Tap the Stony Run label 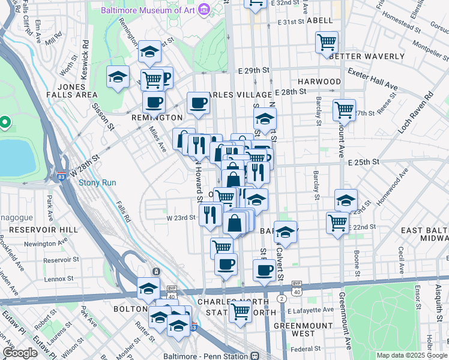tap(97, 182)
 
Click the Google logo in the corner tap(20, 353)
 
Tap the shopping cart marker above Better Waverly tap(327, 43)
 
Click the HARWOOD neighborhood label tap(319, 82)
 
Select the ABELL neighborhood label tap(319, 20)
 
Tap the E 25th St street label tap(364, 162)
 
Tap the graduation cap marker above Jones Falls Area tap(118, 77)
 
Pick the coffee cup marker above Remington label tap(154, 103)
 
